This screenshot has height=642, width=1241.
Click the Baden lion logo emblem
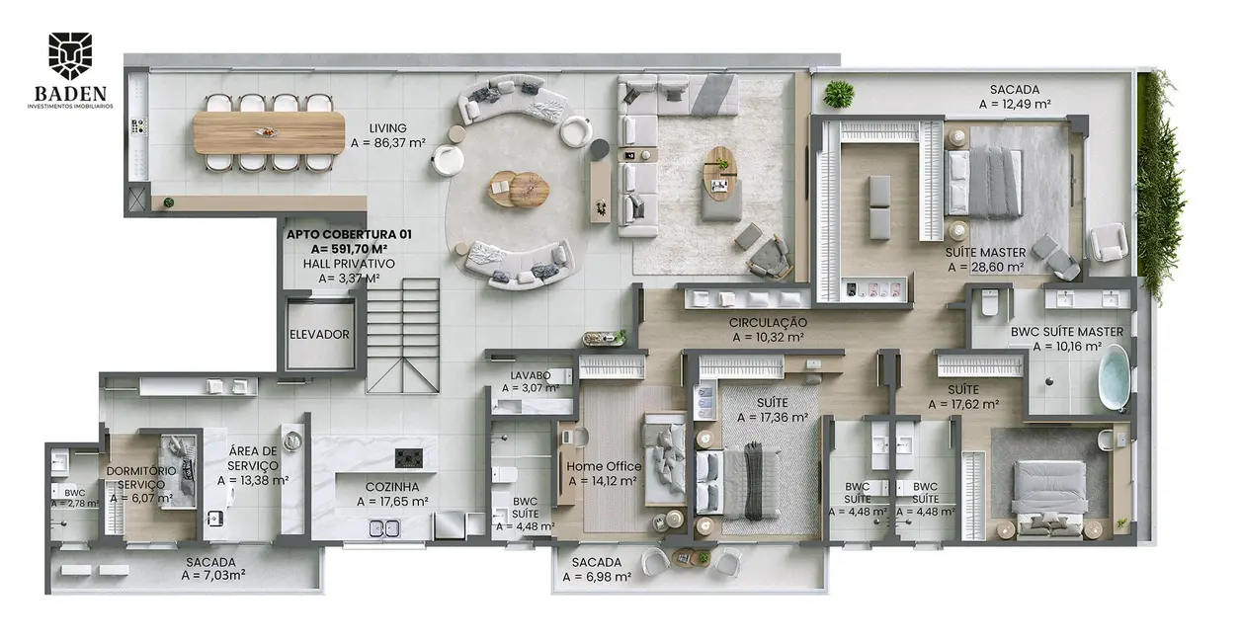pyautogui.click(x=70, y=55)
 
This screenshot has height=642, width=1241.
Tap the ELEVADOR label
pyautogui.click(x=319, y=335)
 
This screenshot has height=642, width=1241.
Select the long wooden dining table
pyautogui.click(x=269, y=133)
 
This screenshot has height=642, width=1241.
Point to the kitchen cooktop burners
pyautogui.click(x=409, y=458)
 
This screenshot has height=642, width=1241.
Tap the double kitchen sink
pyautogui.click(x=384, y=528)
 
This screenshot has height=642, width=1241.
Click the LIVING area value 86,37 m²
pyautogui.click(x=387, y=143)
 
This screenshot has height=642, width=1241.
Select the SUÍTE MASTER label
pyautogui.click(x=986, y=253)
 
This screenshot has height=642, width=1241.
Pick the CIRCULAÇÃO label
pyautogui.click(x=768, y=322)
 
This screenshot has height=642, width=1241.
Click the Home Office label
pyautogui.click(x=604, y=467)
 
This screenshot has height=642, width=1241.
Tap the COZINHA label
pyautogui.click(x=392, y=487)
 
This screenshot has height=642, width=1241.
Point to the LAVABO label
pyautogui.click(x=531, y=375)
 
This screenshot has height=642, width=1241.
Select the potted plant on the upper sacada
pyautogui.click(x=838, y=94)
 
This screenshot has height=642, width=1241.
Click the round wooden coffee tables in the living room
pyautogui.click(x=518, y=189)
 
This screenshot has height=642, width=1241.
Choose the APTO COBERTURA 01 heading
pyautogui.click(x=349, y=234)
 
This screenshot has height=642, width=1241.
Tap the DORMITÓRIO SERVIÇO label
pyautogui.click(x=141, y=477)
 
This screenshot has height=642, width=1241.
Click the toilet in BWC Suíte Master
pyautogui.click(x=988, y=302)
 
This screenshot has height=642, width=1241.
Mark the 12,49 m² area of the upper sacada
pyautogui.click(x=1015, y=104)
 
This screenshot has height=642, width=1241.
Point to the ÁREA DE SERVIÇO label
pyautogui.click(x=253, y=458)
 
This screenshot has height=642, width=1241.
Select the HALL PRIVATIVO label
pyautogui.click(x=349, y=265)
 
